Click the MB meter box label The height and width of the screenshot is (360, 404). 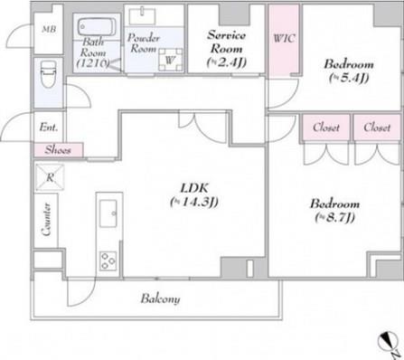[49, 30]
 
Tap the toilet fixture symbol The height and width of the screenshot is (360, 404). [48, 74]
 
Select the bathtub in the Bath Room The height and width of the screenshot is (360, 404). [97, 27]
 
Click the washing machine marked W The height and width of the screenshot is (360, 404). [171, 60]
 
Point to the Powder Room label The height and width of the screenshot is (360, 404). [144, 43]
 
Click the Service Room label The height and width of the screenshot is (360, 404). [227, 48]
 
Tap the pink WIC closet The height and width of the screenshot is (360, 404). [284, 40]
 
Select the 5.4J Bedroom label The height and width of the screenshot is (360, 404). [349, 71]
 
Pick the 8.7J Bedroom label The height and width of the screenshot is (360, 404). [334, 210]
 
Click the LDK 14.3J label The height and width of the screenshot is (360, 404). [194, 195]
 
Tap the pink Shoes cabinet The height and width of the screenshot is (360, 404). [58, 150]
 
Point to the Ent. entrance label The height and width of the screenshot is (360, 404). [48, 127]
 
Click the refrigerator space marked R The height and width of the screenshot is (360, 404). [50, 177]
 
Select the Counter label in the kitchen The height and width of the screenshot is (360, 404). [46, 220]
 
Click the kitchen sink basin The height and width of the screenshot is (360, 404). [108, 213]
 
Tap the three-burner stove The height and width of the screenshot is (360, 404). [108, 261]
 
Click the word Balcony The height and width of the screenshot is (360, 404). [160, 298]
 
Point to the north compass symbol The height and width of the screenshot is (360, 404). [389, 342]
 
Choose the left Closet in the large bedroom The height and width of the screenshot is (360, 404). [326, 128]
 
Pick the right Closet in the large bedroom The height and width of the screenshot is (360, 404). [377, 128]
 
